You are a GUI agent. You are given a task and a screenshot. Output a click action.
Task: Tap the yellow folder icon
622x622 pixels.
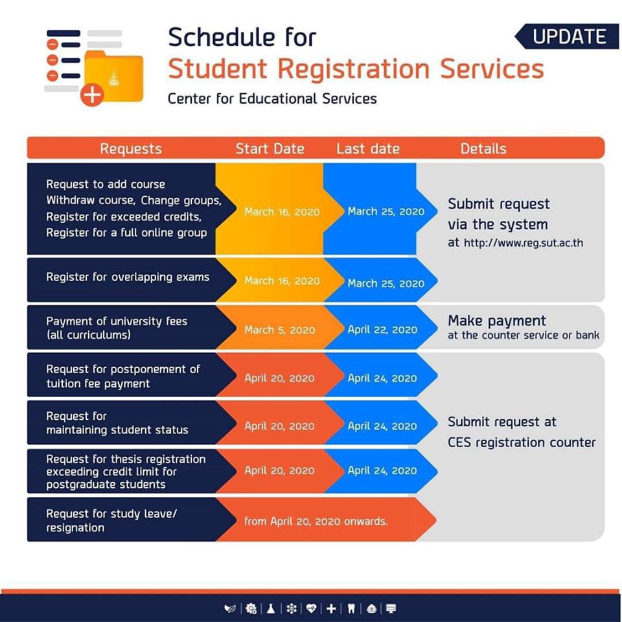(x=114, y=76)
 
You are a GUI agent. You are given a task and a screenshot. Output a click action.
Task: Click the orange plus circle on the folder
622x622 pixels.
(x=92, y=95)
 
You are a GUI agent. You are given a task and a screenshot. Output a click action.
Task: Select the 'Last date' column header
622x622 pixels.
(x=367, y=148)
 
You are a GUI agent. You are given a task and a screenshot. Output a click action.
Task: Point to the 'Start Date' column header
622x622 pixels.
(x=270, y=148)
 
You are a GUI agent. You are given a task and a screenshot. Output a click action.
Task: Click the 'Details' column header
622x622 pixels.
(x=483, y=148)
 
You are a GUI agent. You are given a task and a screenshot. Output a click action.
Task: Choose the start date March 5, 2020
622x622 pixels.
(x=279, y=330)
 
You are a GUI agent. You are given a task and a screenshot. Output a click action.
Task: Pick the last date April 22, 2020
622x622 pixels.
(x=382, y=330)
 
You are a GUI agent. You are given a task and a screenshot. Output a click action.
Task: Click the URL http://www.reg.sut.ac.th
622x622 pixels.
(x=523, y=244)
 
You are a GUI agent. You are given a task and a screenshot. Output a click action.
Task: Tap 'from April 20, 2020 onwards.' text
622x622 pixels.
(x=316, y=521)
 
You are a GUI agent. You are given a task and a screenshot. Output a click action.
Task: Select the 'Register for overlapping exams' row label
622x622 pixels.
(x=128, y=277)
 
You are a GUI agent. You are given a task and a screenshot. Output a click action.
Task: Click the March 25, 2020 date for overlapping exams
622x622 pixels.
(x=386, y=283)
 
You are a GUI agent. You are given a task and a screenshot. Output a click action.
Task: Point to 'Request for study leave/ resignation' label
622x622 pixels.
(x=111, y=520)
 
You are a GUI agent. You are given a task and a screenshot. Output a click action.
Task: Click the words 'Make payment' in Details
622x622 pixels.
(x=497, y=321)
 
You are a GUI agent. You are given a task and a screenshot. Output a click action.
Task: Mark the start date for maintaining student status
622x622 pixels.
(x=279, y=426)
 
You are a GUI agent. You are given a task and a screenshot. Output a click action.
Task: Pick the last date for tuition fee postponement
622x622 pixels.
(x=382, y=378)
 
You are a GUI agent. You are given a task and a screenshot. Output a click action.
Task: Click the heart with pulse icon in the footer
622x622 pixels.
(x=312, y=608)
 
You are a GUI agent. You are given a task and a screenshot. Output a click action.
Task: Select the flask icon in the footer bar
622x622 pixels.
(x=270, y=608)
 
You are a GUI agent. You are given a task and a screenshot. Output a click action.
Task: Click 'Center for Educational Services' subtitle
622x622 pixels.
(x=272, y=98)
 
